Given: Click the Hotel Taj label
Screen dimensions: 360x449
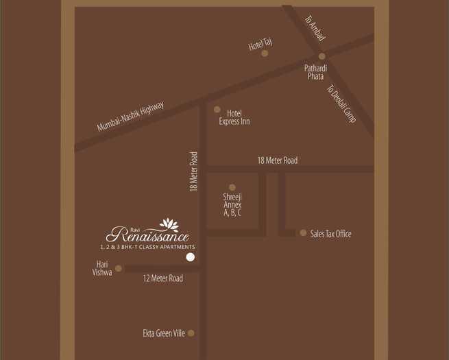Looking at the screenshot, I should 260,45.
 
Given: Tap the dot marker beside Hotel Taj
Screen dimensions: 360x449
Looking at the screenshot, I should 265,53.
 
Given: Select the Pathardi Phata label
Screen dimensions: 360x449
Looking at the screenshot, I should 315,72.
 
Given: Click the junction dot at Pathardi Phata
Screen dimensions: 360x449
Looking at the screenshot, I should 321,56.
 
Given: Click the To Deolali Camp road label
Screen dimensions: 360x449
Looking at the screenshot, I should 341,104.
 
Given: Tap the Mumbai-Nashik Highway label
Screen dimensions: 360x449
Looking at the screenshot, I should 130,117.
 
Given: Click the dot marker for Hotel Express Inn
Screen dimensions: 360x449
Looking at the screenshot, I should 217,109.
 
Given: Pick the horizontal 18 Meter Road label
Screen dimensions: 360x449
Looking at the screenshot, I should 278,160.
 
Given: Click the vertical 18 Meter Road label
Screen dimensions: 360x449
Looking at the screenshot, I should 194,171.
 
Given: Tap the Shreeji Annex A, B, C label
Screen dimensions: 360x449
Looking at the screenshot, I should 232,204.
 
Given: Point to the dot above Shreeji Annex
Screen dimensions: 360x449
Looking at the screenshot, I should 232,187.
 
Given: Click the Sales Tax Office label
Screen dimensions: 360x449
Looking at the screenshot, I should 330,234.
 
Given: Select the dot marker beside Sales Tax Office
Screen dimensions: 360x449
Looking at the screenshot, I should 303,233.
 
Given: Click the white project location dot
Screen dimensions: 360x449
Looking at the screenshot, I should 191,257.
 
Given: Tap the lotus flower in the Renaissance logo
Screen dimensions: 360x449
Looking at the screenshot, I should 169,225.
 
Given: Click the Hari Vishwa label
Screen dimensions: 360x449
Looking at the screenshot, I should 101,268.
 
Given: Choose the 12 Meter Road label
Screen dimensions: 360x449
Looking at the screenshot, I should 162,278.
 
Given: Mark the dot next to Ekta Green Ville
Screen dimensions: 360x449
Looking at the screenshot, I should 191,333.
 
